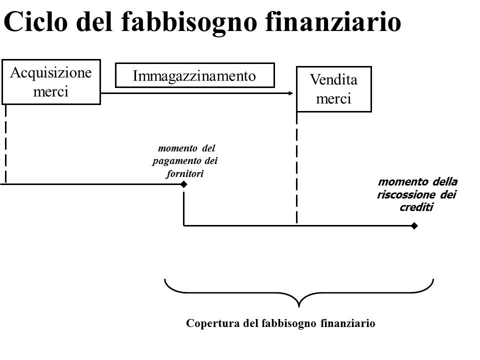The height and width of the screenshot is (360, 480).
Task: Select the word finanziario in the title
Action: click(333, 21)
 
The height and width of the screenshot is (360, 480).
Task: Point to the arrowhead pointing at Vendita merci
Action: click(291, 93)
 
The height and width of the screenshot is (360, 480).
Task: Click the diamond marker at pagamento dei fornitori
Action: click(183, 184)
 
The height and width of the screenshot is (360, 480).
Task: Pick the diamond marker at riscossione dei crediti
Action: click(414, 226)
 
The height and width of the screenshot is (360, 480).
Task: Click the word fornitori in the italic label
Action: click(185, 174)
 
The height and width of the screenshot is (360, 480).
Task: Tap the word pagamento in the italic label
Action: click(176, 161)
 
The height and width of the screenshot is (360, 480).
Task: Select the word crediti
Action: click(416, 207)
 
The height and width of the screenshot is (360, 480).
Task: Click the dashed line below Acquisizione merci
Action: click(6, 144)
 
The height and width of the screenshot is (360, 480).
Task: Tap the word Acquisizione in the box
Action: click(51, 73)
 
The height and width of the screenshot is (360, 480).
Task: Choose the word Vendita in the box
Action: click(333, 79)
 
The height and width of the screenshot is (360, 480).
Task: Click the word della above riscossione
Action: click(445, 181)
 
